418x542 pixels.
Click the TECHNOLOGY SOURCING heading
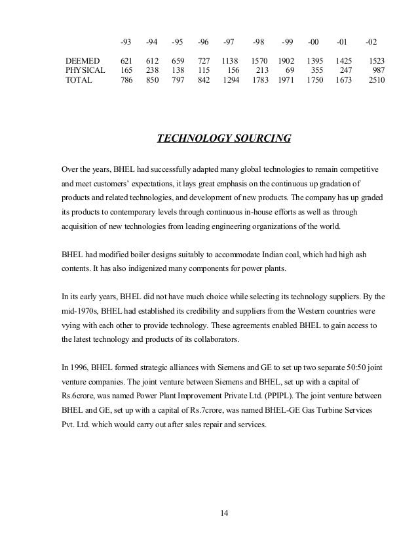(x=223, y=138)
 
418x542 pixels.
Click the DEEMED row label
(x=82, y=60)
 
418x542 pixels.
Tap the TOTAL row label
(x=79, y=81)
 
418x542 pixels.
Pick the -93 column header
(x=125, y=41)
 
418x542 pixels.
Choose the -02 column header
(x=371, y=41)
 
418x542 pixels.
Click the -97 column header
(x=229, y=41)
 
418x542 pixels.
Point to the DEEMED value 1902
(x=287, y=60)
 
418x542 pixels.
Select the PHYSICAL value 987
(x=377, y=70)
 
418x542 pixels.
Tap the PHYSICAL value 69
(x=289, y=70)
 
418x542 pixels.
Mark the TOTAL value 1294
(x=231, y=81)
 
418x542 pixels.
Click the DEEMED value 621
(x=126, y=60)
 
